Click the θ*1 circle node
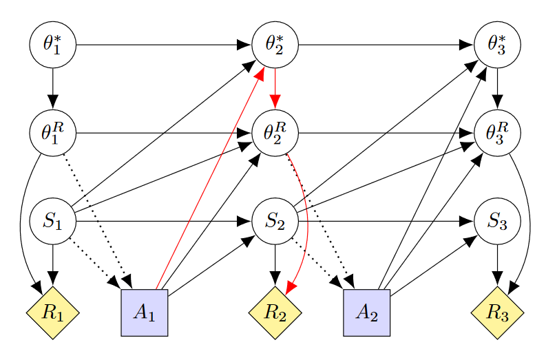(52, 45)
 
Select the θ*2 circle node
(275, 45)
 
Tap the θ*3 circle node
(498, 45)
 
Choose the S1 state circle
(52, 222)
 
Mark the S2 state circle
(275, 222)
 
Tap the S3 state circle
(498, 222)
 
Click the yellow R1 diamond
(52, 313)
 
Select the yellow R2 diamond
(275, 313)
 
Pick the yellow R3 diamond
(498, 313)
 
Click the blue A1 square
(145, 313)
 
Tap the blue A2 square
(367, 313)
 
